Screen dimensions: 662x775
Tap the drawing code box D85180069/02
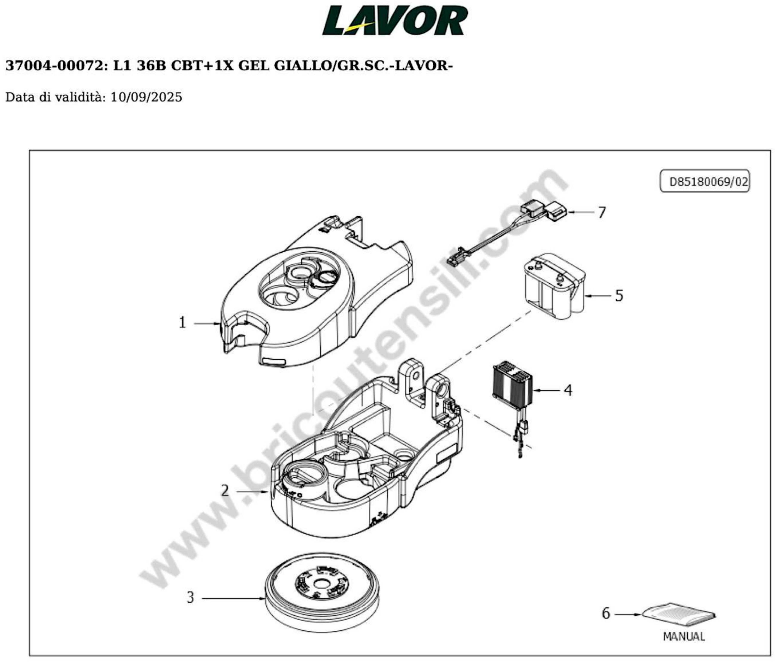(x=705, y=182)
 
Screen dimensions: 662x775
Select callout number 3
(x=190, y=598)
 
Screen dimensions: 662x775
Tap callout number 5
(x=619, y=296)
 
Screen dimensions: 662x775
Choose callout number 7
(x=602, y=213)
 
